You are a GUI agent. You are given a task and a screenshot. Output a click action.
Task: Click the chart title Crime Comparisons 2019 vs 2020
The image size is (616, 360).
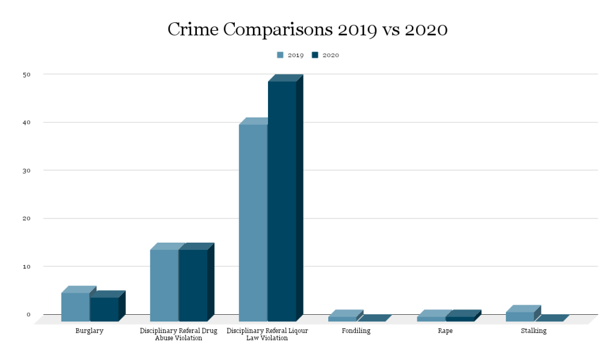tap(307, 29)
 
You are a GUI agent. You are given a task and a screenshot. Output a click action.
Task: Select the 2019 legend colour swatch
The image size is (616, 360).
tap(280, 55)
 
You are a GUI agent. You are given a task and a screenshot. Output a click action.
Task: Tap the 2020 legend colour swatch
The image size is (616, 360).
tap(315, 55)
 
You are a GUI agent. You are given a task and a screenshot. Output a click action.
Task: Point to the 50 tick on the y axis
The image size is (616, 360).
tap(27, 74)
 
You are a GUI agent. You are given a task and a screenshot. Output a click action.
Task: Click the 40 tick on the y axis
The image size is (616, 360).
tap(27, 122)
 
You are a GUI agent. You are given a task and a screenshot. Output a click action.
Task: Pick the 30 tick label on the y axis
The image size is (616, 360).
tap(27, 170)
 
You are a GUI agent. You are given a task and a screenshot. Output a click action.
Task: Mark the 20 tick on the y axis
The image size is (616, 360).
tap(27, 218)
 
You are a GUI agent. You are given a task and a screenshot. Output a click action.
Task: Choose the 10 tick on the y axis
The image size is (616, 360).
tap(27, 266)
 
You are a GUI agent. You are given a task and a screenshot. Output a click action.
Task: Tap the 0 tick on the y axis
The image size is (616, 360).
tap(28, 314)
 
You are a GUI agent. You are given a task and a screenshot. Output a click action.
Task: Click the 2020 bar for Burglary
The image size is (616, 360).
tap(104, 309)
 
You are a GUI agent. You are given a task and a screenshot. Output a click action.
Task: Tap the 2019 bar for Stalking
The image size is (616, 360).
tap(520, 316)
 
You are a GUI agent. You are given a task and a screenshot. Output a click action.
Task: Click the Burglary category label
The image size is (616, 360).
tap(89, 331)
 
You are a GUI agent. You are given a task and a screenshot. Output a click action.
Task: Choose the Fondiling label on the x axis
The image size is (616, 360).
tap(356, 331)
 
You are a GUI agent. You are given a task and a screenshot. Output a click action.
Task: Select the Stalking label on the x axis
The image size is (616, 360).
tap(534, 331)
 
